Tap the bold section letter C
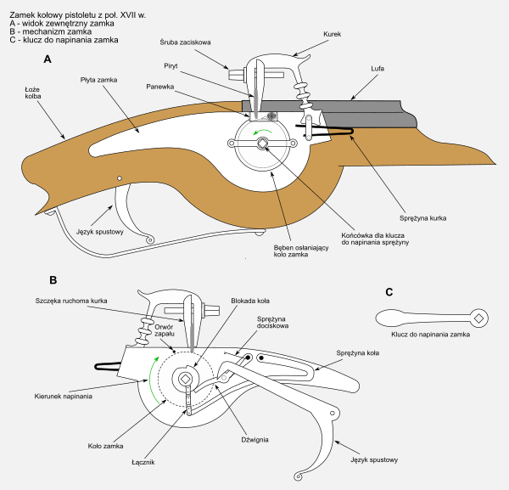[x=389, y=292]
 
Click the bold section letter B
[x=53, y=279]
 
